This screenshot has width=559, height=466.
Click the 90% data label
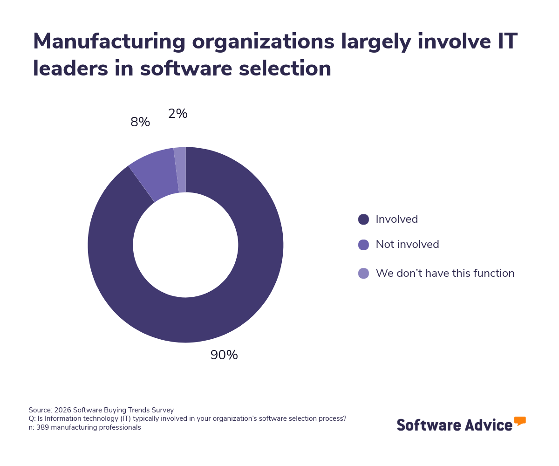pos(224,355)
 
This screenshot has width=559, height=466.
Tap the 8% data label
pos(140,122)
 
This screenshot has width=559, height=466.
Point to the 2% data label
pos(178,114)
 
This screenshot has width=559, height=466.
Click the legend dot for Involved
pos(363,219)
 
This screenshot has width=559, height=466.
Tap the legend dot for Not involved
pos(363,245)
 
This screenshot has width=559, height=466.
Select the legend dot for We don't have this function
pos(363,274)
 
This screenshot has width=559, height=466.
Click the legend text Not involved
pos(407,245)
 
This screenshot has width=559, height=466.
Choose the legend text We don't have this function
pos(445,274)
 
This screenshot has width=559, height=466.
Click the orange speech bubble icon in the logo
pos(520,421)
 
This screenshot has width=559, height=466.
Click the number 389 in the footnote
pos(42,427)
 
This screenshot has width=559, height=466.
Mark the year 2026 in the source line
pos(62,410)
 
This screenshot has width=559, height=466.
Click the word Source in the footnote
pos(39,410)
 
